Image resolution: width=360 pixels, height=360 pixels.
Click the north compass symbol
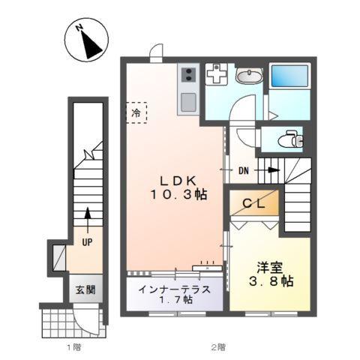(x=87, y=40)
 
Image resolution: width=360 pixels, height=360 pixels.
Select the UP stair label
(x=88, y=242)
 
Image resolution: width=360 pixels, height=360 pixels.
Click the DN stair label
(x=244, y=171)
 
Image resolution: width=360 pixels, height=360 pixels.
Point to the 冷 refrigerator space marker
(x=136, y=113)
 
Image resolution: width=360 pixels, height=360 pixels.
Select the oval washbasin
(x=247, y=75)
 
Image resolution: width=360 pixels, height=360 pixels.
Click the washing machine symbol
(x=217, y=74)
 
